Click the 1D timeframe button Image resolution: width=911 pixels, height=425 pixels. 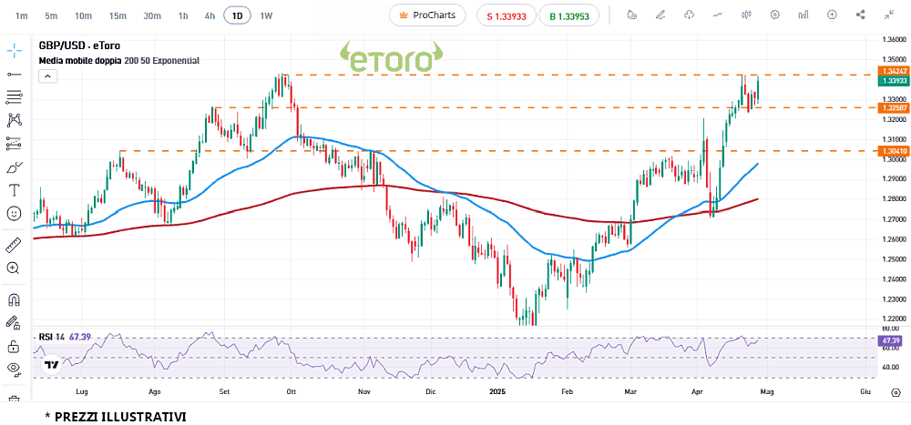238,15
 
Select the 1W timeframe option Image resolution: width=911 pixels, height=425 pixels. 266,15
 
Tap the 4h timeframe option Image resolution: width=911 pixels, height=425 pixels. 210,15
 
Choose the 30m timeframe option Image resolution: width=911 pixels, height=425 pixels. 152,15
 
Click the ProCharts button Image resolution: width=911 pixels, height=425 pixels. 427,15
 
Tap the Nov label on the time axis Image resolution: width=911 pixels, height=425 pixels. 364,391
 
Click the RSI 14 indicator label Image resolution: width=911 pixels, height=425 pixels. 52,337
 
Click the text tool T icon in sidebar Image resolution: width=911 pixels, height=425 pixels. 14,190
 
